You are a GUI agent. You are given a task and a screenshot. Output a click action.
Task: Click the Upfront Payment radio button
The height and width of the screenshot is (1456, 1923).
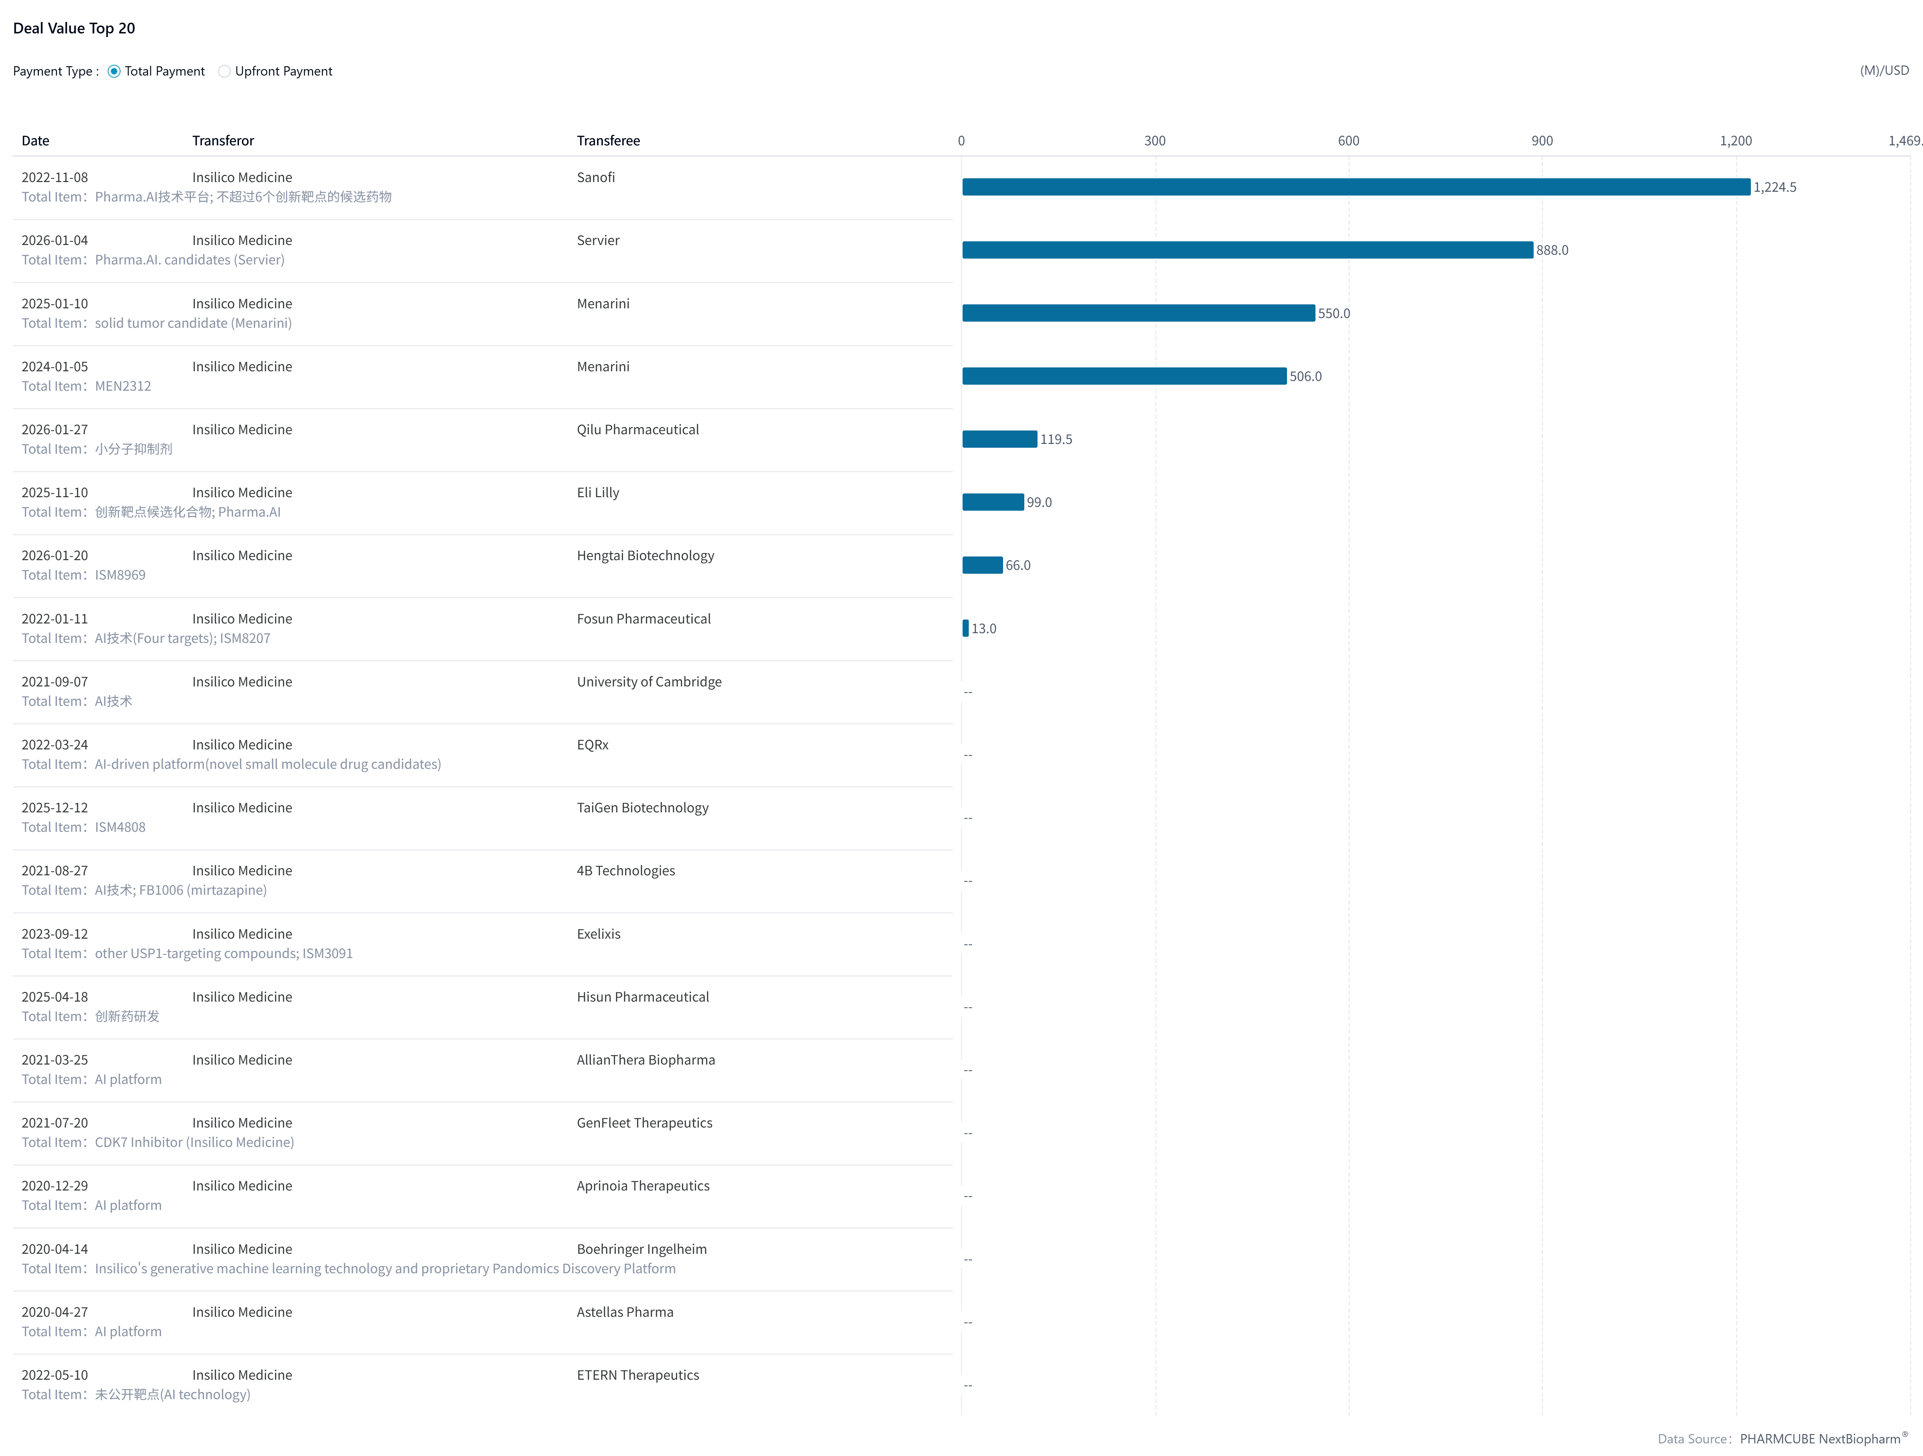[224, 71]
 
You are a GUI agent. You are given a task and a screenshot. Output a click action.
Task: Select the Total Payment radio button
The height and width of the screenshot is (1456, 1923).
[114, 71]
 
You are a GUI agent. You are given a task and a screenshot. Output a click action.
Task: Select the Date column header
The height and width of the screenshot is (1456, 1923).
[36, 141]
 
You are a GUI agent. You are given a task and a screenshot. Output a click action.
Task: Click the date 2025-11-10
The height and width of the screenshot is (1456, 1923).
[55, 493]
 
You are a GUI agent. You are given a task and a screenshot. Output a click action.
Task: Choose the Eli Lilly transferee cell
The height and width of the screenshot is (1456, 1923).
[598, 493]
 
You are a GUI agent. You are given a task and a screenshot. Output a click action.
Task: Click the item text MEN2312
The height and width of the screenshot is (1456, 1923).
[123, 386]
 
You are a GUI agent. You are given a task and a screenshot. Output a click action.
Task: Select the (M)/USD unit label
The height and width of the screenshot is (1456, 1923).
[1884, 71]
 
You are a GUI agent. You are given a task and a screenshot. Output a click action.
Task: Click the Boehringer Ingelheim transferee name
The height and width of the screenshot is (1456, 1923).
[642, 1249]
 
